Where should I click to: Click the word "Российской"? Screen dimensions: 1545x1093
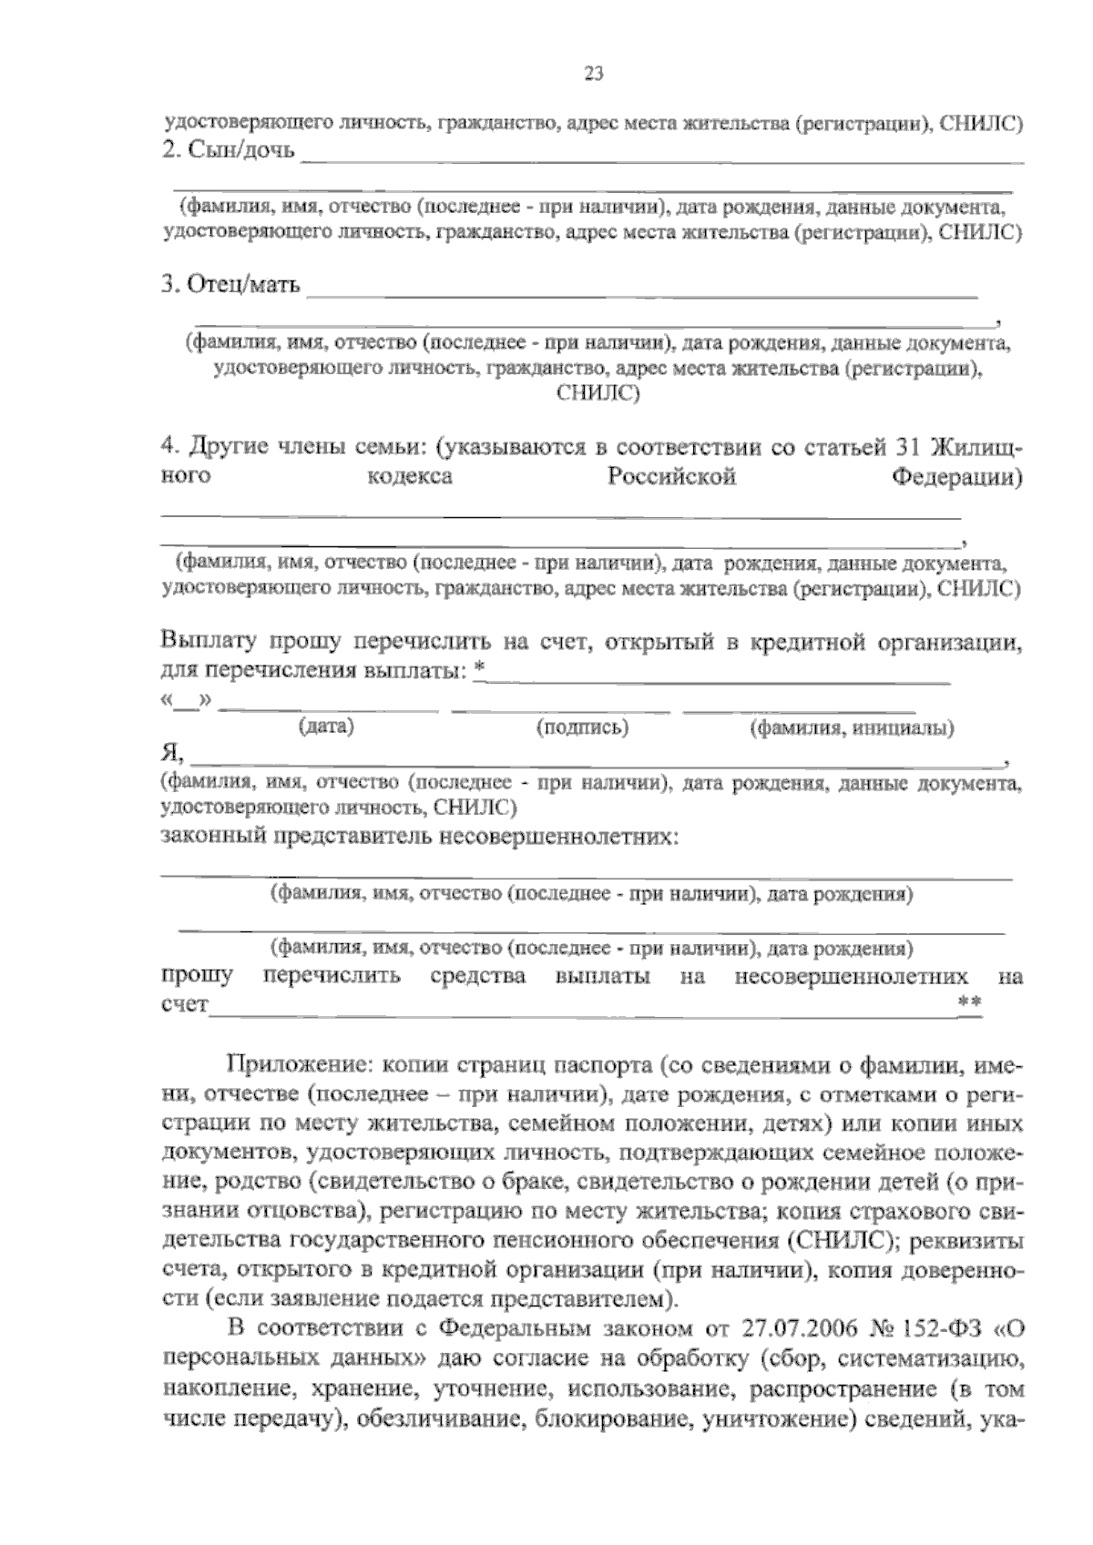[671, 477]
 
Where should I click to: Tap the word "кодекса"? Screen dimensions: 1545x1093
[409, 477]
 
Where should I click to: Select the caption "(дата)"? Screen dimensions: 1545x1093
[326, 727]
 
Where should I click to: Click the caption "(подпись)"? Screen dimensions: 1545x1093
[582, 727]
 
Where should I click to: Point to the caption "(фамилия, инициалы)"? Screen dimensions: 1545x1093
[852, 727]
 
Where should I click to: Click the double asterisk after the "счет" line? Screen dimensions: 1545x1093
[969, 1001]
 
